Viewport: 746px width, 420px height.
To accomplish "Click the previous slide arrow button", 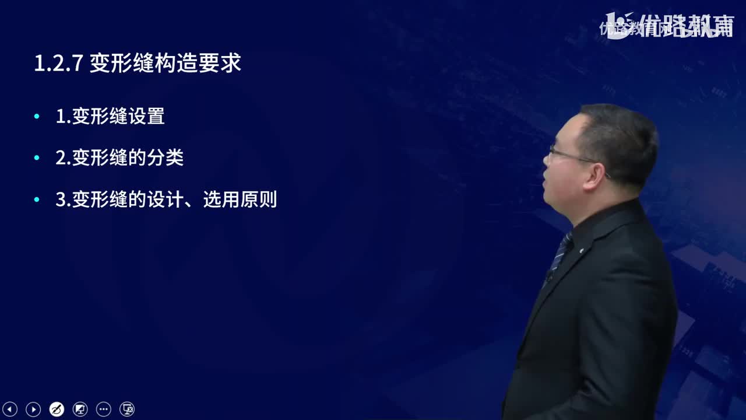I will click(x=10, y=409).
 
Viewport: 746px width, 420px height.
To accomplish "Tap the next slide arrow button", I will click(x=33, y=409).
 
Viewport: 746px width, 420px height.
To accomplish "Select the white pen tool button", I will click(x=57, y=409).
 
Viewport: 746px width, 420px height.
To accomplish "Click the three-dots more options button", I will click(x=103, y=409).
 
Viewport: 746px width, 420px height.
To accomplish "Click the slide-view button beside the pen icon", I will click(x=80, y=409).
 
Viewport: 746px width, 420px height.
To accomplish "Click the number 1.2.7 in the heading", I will click(x=58, y=64).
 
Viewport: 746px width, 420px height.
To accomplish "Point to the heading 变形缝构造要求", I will click(x=166, y=64).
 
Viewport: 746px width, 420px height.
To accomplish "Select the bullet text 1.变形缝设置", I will click(x=110, y=116).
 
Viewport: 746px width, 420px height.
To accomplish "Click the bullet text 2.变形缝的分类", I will click(x=119, y=157).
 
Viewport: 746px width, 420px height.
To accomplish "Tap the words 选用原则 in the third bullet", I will click(x=240, y=200).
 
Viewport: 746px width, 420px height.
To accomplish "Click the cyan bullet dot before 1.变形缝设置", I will click(x=37, y=117).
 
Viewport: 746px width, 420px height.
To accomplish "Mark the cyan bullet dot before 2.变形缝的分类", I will click(x=37, y=158).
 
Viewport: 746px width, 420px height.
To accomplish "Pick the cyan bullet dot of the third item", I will click(x=37, y=200).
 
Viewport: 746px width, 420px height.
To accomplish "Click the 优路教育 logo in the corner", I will click(x=667, y=26).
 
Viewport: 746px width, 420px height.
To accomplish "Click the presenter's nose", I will click(x=547, y=164).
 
